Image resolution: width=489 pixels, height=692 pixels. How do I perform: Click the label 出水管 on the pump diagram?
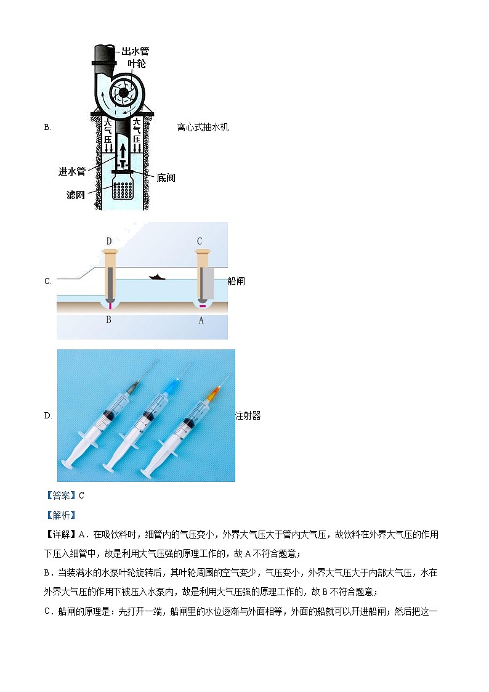[x=135, y=51]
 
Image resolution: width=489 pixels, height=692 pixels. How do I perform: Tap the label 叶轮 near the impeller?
[x=136, y=63]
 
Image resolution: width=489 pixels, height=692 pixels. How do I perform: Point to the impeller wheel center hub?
[x=123, y=93]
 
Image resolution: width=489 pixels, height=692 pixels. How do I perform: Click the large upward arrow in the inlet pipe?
[x=123, y=150]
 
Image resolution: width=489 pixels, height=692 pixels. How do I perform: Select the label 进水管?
[x=72, y=172]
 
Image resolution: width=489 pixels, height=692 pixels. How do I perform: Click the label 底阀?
[x=166, y=177]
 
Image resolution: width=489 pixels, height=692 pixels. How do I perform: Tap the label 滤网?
[x=76, y=195]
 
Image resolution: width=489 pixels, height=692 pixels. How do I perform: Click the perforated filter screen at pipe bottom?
[x=124, y=192]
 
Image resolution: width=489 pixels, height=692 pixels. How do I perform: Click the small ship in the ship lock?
[x=157, y=277]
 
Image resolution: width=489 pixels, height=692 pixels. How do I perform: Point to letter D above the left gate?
[x=109, y=241]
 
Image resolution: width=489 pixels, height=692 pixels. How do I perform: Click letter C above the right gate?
[x=199, y=241]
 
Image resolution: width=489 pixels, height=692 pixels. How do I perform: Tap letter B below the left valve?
[x=109, y=319]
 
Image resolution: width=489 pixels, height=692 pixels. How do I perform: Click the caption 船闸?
[x=236, y=281]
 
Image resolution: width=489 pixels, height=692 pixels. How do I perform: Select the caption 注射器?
[x=248, y=416]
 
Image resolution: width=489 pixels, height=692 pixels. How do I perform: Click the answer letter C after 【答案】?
[x=81, y=495]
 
